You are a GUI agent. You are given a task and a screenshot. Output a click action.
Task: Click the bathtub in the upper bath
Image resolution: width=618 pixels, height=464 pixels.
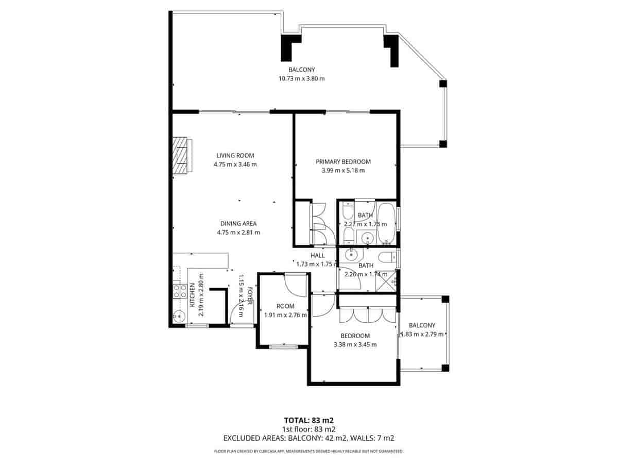click(386, 225)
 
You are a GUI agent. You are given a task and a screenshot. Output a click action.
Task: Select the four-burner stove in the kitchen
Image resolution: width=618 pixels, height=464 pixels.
click(180, 292)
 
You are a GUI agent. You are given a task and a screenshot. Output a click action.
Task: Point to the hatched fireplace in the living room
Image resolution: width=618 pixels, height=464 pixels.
click(181, 156)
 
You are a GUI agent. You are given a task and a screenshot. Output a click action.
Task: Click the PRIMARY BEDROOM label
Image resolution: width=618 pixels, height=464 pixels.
click(343, 161)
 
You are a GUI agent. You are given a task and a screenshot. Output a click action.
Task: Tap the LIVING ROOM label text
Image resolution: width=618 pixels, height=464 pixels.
click(235, 155)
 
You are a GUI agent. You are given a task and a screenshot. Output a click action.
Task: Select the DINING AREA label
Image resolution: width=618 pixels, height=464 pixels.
click(238, 224)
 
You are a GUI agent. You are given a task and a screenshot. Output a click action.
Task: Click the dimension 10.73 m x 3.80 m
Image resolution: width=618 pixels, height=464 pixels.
click(301, 78)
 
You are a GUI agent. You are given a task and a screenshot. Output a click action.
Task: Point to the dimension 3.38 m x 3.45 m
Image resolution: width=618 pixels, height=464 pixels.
click(355, 345)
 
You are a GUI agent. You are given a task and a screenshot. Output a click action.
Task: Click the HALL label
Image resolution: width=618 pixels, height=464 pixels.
click(317, 255)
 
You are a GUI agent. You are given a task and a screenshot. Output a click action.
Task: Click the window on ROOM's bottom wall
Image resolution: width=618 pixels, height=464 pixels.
click(283, 346)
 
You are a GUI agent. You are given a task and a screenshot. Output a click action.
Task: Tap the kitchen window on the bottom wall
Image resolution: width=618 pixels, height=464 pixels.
click(197, 326)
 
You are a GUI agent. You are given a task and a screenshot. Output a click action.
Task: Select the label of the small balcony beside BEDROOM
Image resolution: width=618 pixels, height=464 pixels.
click(422, 325)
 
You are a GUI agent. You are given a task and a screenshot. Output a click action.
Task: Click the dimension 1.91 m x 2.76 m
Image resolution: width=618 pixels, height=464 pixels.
click(285, 315)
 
